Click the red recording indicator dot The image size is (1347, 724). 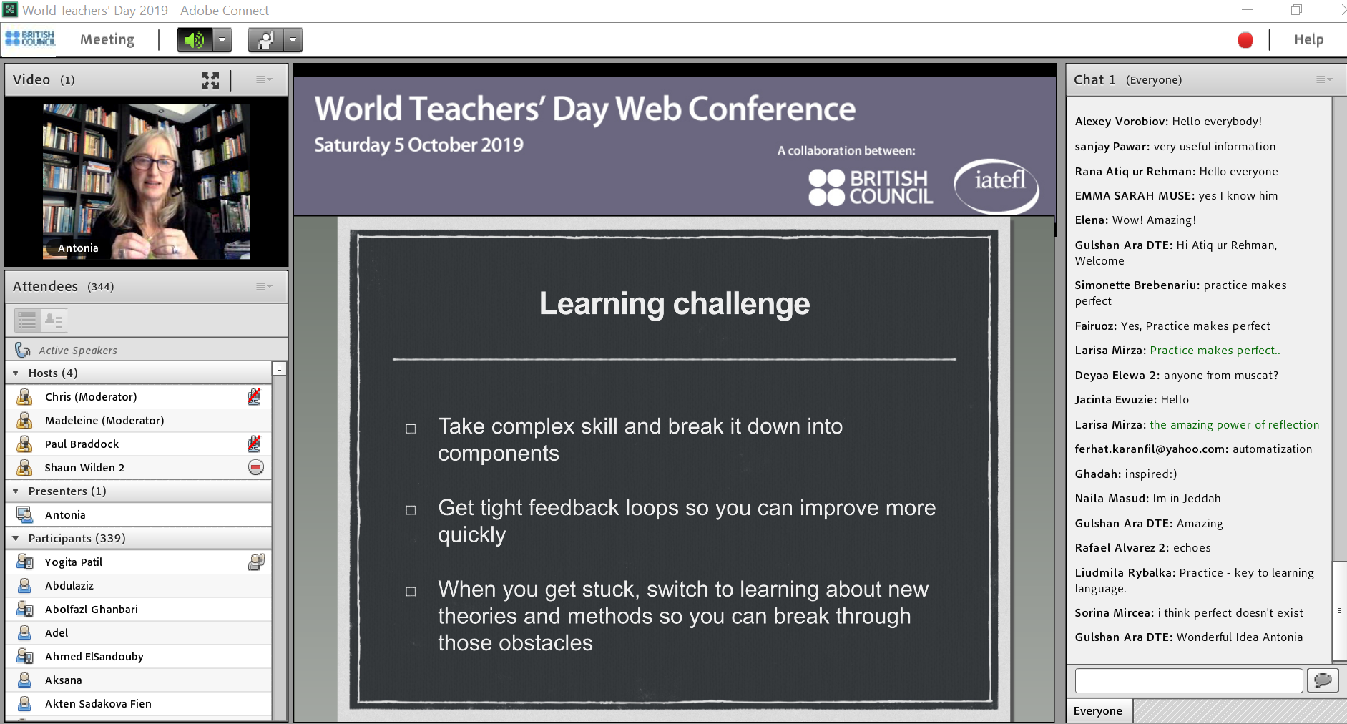[1245, 40]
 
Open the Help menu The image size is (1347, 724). [1308, 40]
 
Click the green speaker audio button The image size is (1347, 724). [195, 40]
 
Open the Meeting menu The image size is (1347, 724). [107, 40]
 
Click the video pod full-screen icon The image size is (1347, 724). [210, 80]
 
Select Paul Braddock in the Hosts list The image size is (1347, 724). [82, 444]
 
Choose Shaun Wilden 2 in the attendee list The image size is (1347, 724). [84, 468]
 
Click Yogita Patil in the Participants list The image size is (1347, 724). [74, 562]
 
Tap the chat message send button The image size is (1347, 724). [1323, 680]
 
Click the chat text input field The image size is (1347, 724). [1188, 680]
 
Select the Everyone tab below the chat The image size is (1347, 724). [1098, 711]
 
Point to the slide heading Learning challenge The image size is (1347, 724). [675, 304]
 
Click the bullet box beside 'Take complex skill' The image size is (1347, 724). [411, 429]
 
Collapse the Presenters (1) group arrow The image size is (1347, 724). [16, 491]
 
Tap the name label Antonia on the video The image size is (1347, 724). [78, 248]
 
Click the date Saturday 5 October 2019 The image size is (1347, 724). [418, 145]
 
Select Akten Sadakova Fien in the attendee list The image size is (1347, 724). [98, 704]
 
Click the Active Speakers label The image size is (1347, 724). [78, 351]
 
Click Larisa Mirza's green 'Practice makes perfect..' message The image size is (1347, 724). [1215, 351]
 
